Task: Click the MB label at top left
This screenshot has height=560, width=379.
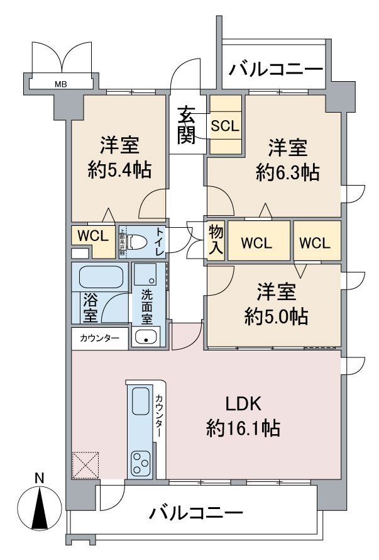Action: (60, 82)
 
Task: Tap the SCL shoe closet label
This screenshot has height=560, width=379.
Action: (224, 125)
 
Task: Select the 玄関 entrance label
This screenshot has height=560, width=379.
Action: (185, 126)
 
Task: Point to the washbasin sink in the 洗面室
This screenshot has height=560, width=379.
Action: (146, 337)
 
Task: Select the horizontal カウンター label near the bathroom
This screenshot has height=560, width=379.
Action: (99, 338)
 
